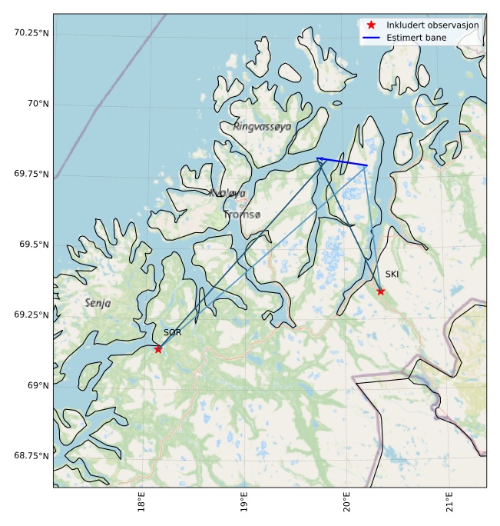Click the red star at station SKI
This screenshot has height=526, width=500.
380,291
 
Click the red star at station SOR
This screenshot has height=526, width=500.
158,349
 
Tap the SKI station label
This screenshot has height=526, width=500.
392,275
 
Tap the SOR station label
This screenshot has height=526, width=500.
172,333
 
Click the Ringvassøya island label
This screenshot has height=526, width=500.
262,126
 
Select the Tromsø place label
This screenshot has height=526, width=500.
243,215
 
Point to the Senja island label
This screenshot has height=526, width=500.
98,304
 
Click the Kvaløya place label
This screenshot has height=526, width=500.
227,194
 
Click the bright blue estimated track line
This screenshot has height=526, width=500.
342,162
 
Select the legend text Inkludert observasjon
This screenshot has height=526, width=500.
432,25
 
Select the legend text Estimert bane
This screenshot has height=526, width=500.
415,37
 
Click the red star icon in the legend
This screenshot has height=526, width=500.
371,25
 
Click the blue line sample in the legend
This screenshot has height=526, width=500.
371,37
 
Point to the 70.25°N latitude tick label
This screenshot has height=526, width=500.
31,32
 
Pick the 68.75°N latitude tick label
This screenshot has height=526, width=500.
31,456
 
